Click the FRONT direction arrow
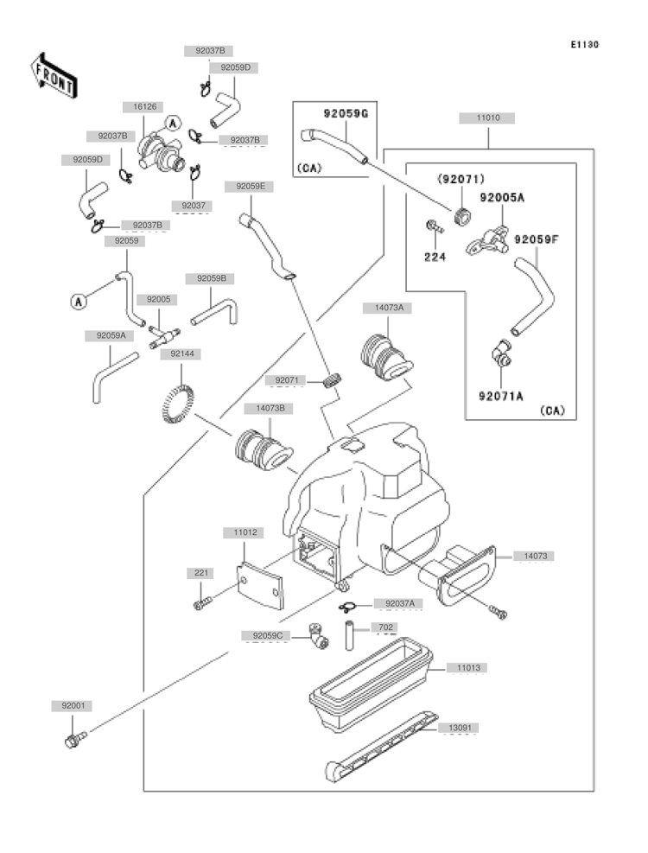[54, 76]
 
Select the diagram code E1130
[584, 45]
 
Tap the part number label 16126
[145, 107]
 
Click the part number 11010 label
[487, 118]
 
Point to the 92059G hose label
[346, 114]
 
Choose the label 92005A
[502, 197]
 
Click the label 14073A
[389, 308]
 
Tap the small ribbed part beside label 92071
[332, 379]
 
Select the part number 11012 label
[245, 532]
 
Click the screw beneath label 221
[202, 603]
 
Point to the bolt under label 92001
[75, 739]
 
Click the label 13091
[460, 728]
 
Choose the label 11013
[468, 668]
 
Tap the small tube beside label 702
[349, 635]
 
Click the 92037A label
[400, 603]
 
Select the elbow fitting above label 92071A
[500, 353]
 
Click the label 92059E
[251, 187]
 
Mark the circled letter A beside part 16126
[173, 124]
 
